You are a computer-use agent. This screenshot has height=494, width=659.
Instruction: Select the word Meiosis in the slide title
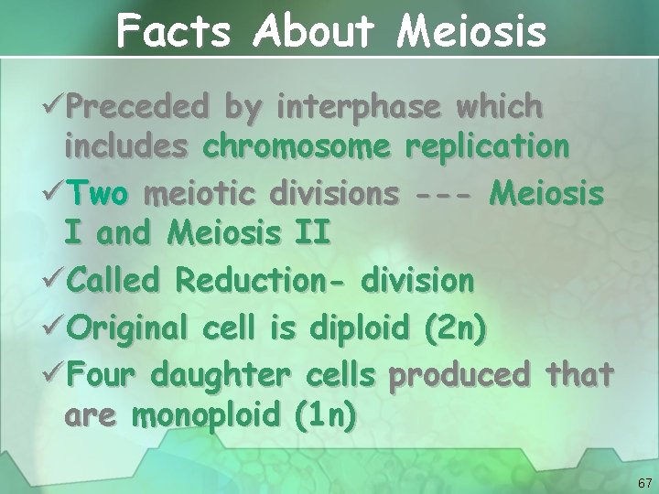tap(471, 32)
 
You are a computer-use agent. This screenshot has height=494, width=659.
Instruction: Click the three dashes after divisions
tap(446, 194)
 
